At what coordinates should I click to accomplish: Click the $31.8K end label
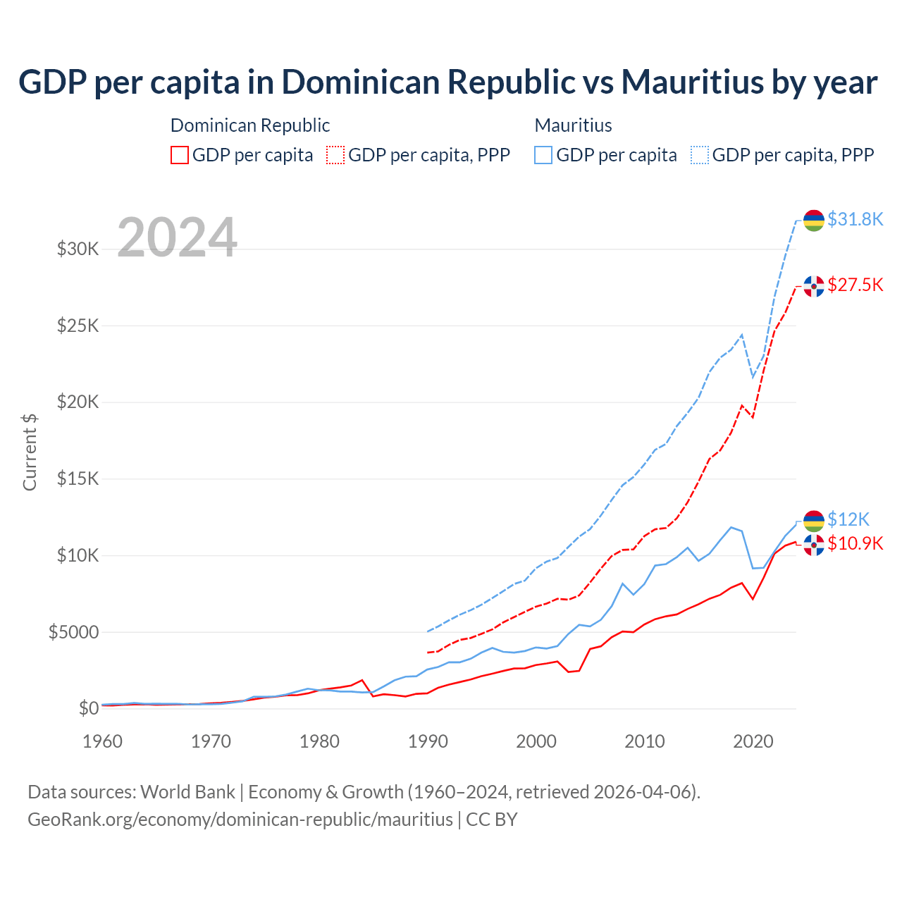(x=855, y=219)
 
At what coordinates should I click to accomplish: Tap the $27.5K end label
(x=855, y=285)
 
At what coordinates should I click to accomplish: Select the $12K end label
(x=848, y=519)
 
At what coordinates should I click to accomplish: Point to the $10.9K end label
(x=855, y=543)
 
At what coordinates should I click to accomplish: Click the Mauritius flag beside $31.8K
(x=814, y=221)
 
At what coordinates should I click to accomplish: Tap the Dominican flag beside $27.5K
(x=814, y=286)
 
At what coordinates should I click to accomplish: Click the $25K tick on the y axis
(x=78, y=326)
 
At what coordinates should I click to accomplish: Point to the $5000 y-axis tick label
(x=73, y=632)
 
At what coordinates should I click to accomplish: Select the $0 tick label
(x=88, y=708)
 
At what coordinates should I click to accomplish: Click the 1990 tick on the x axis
(x=428, y=741)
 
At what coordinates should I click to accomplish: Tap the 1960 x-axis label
(x=103, y=741)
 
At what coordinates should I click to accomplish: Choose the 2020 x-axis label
(x=753, y=741)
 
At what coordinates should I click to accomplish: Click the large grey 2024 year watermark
(x=177, y=237)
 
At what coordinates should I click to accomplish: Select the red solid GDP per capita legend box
(x=180, y=155)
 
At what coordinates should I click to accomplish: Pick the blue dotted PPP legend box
(x=700, y=155)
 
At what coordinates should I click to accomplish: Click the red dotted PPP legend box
(x=335, y=155)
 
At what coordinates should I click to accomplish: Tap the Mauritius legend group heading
(x=573, y=125)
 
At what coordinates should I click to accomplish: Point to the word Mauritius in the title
(x=693, y=82)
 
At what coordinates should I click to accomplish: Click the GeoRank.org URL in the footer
(x=240, y=820)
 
